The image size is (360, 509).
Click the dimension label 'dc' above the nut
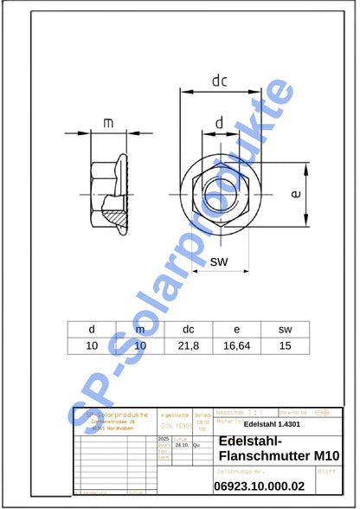click(219, 81)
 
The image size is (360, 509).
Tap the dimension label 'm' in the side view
click(108, 123)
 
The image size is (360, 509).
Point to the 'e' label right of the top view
click(296, 195)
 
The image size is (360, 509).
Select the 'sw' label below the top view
click(219, 261)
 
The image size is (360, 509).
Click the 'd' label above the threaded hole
click(219, 124)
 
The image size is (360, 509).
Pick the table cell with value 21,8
click(189, 345)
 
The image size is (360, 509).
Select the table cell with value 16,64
click(236, 345)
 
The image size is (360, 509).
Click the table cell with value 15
click(285, 345)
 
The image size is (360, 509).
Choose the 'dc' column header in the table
click(189, 329)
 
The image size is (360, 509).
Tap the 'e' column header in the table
click(236, 329)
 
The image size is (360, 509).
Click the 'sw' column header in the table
click(285, 329)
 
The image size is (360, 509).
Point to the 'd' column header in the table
click(92, 329)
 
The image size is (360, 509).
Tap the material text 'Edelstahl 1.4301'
click(272, 424)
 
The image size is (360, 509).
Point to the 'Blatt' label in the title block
click(326, 472)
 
